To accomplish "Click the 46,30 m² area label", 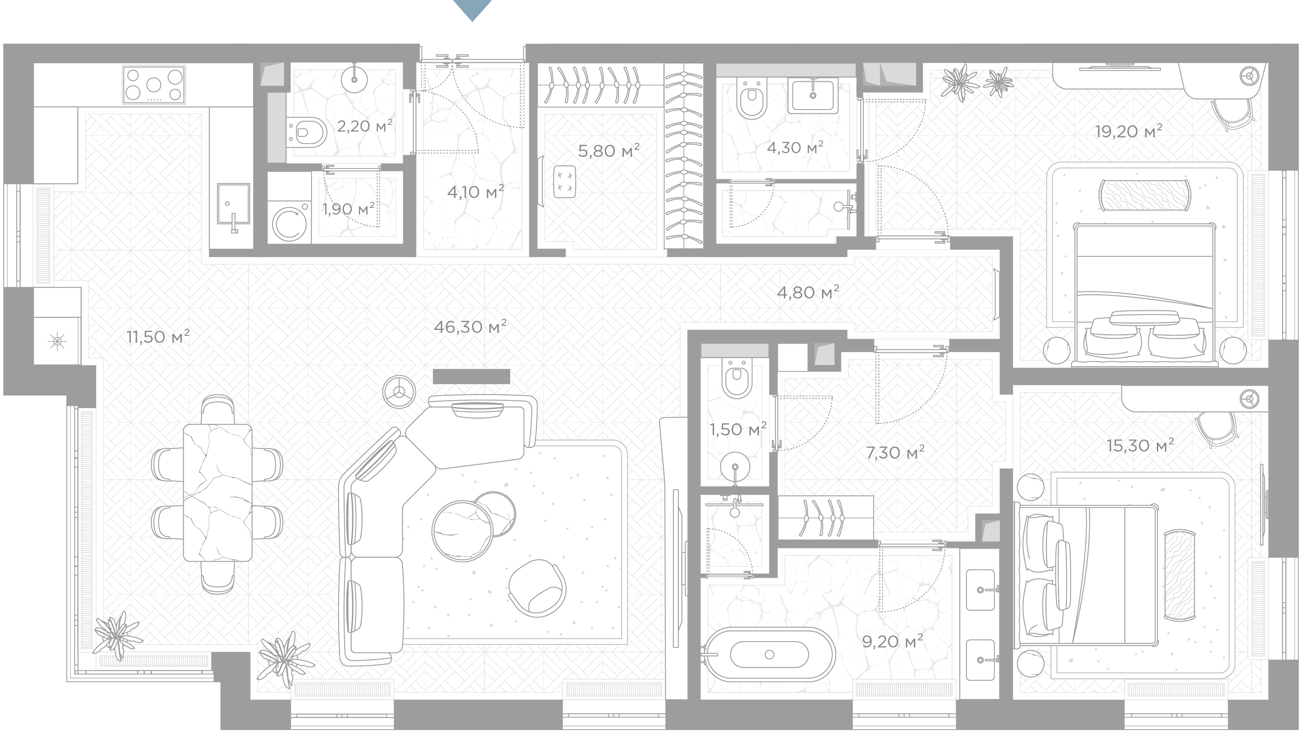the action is tap(470, 327).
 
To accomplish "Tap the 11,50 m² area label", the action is tap(158, 337).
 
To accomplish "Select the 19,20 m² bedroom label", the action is tap(1128, 132).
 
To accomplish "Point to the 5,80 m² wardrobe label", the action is tap(609, 150).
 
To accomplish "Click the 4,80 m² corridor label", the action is tap(808, 292).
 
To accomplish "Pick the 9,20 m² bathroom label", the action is tap(892, 641).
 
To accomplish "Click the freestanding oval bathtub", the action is tap(769, 654).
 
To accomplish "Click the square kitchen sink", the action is tap(233, 203).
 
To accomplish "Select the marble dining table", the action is tap(217, 493).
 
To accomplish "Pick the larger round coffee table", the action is tap(462, 531).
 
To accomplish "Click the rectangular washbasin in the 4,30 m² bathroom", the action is tap(813, 95).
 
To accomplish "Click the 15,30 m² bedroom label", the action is tap(1140, 445).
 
